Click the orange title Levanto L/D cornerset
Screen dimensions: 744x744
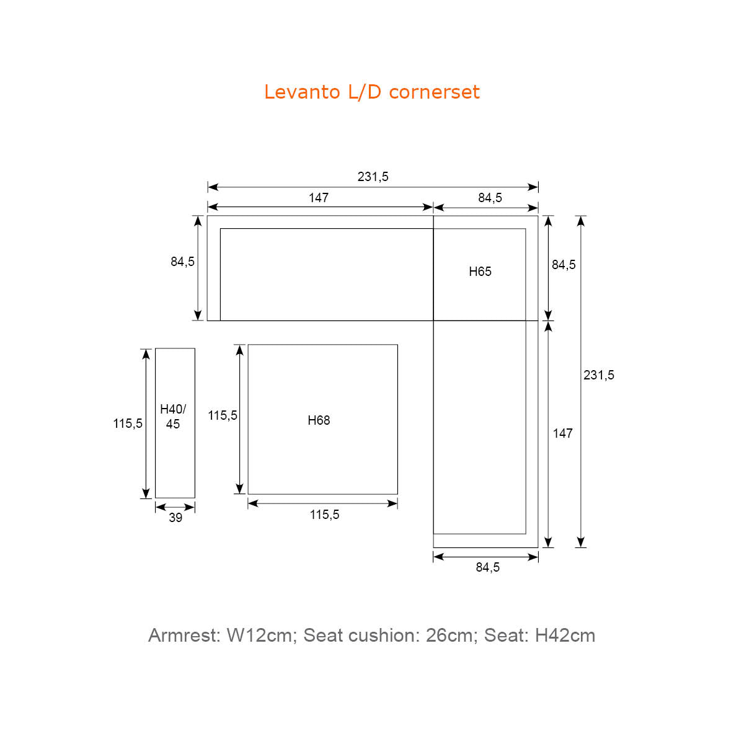point(372,92)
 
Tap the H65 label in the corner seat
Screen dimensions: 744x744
point(480,272)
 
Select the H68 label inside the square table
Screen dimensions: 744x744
point(319,420)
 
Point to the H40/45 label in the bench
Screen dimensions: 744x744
point(173,416)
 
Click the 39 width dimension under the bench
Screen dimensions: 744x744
point(175,518)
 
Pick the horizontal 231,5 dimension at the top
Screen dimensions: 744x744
point(373,177)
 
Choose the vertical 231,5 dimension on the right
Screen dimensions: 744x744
point(598,375)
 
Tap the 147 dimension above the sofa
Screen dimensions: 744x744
point(318,198)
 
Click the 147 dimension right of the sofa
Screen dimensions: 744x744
point(562,433)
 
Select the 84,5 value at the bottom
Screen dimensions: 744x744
point(488,567)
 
